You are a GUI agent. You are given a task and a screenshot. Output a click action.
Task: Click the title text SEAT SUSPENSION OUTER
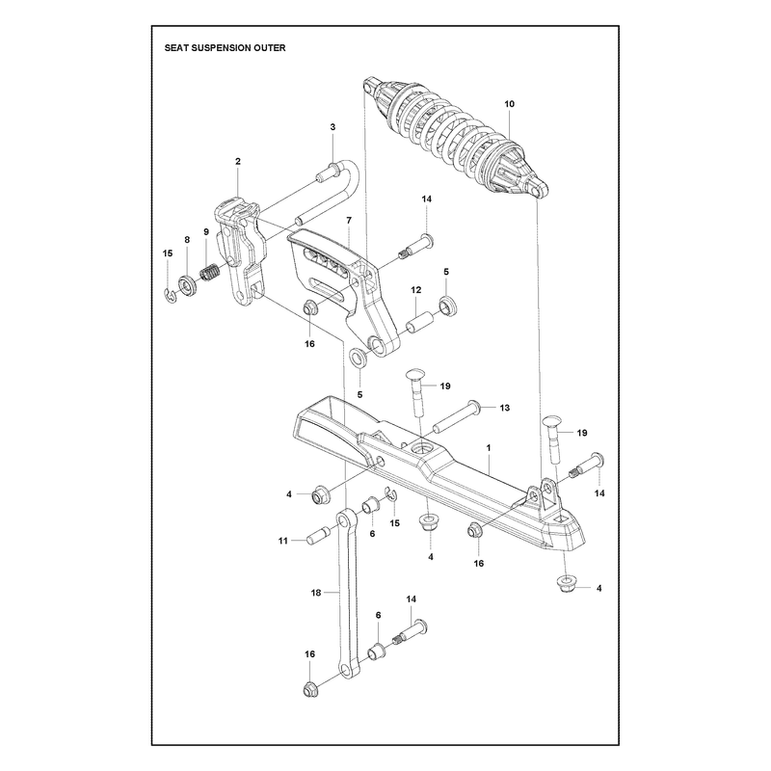point(225,47)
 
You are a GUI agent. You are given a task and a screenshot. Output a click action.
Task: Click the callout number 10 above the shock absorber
point(510,104)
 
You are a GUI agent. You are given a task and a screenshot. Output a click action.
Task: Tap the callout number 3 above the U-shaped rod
point(332,127)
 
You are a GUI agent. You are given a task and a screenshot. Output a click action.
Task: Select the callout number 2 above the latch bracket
point(238,161)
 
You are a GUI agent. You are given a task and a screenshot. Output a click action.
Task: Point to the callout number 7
point(349,221)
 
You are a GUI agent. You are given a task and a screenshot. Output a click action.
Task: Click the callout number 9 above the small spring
point(206,231)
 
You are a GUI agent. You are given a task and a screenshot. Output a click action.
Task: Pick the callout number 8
point(187,239)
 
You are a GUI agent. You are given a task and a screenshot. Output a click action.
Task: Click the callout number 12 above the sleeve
point(416,290)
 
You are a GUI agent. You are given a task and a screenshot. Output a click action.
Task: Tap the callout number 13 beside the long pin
point(504,408)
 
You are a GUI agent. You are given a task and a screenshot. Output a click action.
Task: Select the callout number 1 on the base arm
point(489,448)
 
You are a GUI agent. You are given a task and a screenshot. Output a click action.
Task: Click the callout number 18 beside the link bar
point(316,593)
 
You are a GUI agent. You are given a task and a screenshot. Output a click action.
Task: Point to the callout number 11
point(282,541)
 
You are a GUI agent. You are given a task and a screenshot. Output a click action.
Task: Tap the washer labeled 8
point(187,286)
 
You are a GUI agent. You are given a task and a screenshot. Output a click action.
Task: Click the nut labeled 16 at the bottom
point(309,690)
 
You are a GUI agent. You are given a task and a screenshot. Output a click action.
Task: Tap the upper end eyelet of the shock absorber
point(370,85)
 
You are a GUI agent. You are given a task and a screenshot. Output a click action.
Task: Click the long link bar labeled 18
point(347,595)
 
